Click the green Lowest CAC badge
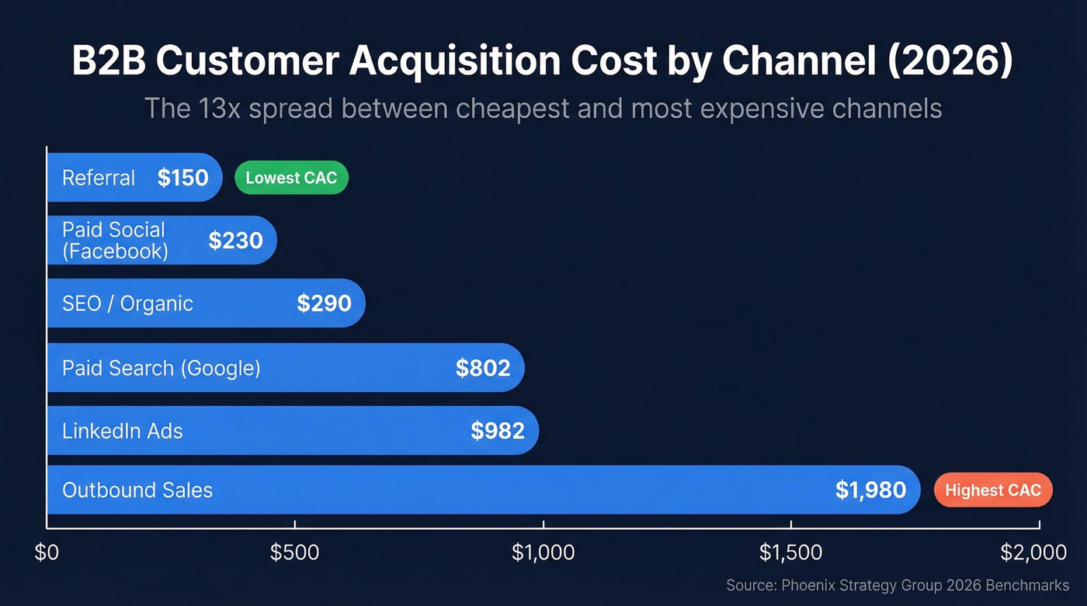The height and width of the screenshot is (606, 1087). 291,178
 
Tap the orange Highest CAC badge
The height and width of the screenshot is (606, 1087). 992,490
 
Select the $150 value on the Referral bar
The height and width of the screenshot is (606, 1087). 182,178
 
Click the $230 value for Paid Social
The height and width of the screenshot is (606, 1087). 235,241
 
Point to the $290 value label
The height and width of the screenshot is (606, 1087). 324,303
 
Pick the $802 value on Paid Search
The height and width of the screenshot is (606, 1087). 482,368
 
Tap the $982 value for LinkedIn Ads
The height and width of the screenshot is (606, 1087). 498,431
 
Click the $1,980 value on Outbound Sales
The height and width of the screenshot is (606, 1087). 870,490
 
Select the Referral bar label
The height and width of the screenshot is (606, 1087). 99,178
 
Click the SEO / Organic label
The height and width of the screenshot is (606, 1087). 127,303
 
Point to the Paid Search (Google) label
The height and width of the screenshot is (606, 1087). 161,368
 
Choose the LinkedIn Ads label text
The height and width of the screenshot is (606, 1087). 122,431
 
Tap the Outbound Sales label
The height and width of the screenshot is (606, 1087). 137,490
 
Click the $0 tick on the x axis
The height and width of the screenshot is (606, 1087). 47,552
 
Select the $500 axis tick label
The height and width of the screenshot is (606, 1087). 294,552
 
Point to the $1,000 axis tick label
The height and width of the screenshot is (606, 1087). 543,552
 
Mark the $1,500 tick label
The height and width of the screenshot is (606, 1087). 790,552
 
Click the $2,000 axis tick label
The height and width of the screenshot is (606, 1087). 1033,552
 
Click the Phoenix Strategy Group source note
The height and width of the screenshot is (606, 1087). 898,585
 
